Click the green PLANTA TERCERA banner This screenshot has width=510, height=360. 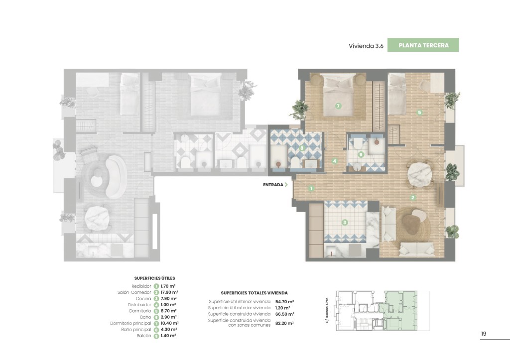point(423,45)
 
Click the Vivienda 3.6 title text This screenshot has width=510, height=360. point(366,46)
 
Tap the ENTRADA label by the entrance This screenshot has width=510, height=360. point(273,185)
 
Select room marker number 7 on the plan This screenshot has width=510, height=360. point(338,106)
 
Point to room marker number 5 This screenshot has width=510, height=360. point(419,113)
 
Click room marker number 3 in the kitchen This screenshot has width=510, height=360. point(345,223)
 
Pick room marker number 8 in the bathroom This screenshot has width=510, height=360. point(302,148)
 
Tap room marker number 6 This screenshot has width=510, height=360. point(361,155)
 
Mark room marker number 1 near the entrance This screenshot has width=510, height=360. point(311,188)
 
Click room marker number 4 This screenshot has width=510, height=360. point(334,161)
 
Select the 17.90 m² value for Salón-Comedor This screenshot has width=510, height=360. point(169,292)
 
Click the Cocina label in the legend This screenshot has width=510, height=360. point(143,299)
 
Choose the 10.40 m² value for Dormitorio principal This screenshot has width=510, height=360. point(169,323)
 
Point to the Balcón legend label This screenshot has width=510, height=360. point(144,336)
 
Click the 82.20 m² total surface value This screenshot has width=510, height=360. point(284,323)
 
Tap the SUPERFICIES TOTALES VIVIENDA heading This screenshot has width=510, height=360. point(254,293)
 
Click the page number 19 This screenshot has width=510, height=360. point(484,334)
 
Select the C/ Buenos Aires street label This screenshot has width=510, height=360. point(327,310)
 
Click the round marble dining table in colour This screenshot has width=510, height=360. point(420,175)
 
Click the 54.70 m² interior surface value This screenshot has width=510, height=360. point(284,302)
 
